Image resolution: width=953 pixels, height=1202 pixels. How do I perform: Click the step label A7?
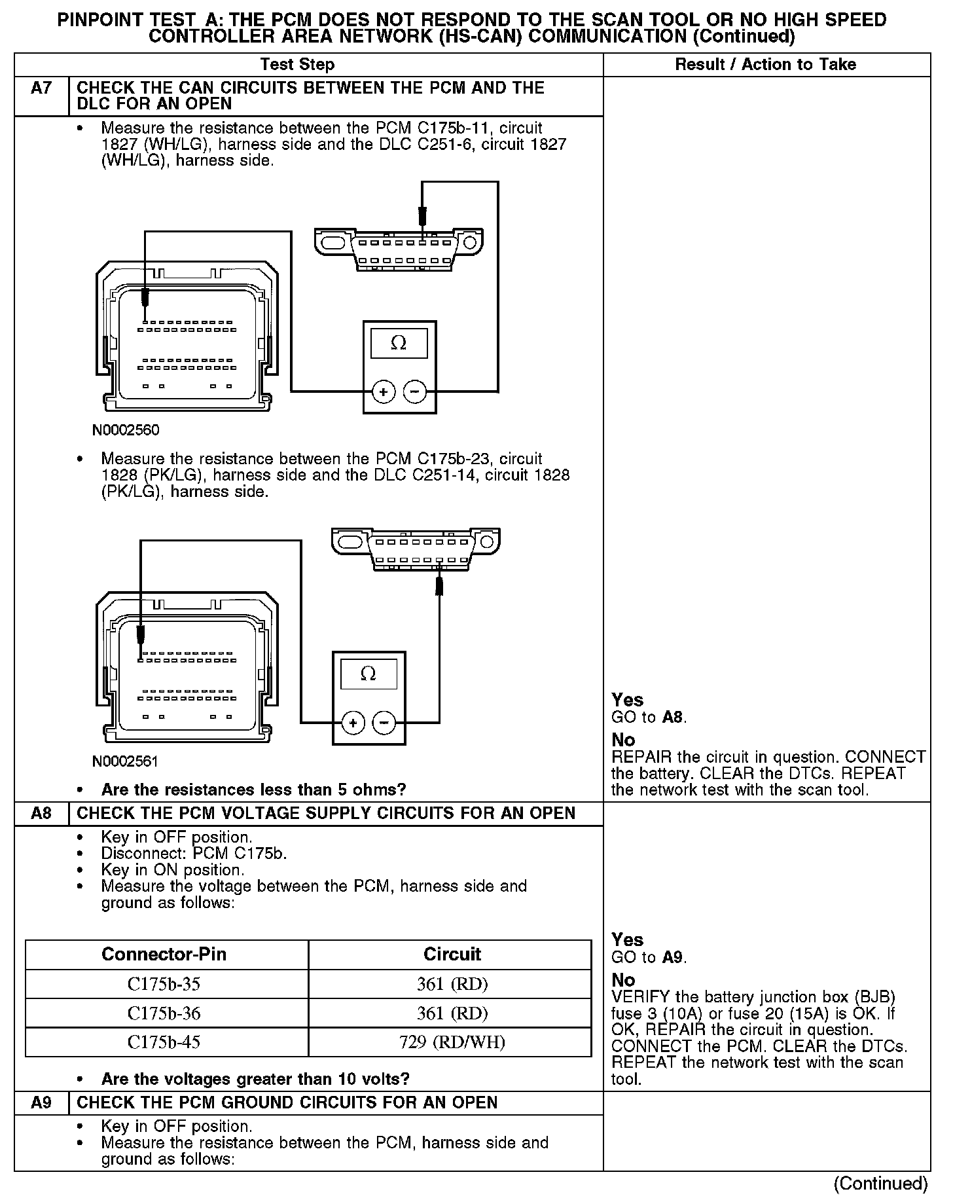(41, 88)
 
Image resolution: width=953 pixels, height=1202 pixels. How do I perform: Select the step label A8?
(41, 813)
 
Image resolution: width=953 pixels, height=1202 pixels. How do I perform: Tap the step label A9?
(41, 1102)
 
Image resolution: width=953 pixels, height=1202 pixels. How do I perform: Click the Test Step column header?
(297, 64)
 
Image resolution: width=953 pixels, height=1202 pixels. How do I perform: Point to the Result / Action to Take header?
(765, 64)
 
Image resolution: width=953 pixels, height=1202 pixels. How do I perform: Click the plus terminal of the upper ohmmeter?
(383, 392)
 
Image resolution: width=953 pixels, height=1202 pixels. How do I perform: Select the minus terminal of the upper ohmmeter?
(415, 392)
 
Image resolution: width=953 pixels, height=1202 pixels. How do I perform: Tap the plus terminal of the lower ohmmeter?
(353, 723)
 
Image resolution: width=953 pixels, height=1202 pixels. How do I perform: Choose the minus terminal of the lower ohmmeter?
(384, 723)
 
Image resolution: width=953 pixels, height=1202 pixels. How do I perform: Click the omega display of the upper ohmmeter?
(399, 343)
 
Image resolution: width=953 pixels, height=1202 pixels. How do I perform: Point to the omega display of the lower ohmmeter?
(369, 674)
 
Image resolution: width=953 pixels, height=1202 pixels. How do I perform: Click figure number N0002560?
(126, 430)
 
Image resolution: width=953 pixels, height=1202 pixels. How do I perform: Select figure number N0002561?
(126, 761)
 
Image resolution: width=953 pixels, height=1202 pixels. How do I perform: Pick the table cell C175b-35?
(164, 984)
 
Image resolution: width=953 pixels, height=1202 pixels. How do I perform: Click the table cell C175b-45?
(164, 1042)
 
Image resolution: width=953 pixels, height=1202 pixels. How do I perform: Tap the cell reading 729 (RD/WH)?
(452, 1042)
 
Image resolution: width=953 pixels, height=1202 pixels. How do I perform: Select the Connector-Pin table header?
(164, 954)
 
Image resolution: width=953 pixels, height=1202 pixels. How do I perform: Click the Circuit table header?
(452, 954)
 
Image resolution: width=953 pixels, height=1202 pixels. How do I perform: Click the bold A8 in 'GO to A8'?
(674, 717)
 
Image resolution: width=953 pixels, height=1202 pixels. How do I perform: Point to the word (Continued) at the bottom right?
(880, 1183)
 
